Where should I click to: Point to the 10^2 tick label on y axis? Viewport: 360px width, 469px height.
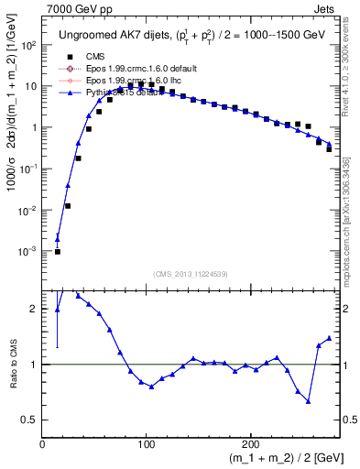[x=28, y=45]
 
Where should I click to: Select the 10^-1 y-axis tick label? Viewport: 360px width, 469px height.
[x=28, y=169]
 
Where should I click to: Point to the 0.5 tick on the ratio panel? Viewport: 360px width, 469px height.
[x=29, y=420]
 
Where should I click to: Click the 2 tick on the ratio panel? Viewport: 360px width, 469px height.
[x=34, y=309]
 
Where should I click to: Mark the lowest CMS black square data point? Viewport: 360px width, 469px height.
[x=57, y=251]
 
